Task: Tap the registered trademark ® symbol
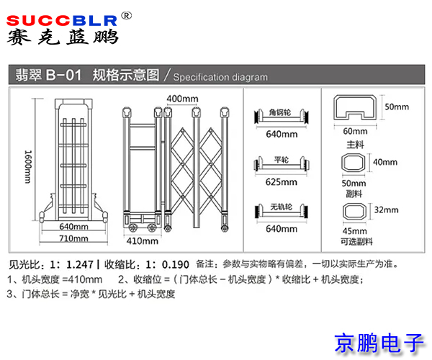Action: tap(126, 16)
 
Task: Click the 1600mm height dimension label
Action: tap(28, 167)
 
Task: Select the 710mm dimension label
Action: tap(73, 238)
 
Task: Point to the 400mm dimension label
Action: tap(182, 99)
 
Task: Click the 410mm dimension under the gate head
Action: tap(142, 240)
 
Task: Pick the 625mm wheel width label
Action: tap(282, 181)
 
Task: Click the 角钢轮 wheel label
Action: tap(279, 112)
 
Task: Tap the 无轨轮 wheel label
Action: tap(281, 207)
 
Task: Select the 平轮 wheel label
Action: tap(282, 159)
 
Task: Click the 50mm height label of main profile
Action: tap(397, 107)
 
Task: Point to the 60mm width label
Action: tap(355, 131)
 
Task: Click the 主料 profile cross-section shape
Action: tap(355, 107)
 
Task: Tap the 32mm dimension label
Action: tap(386, 210)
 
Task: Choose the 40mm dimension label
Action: tap(385, 162)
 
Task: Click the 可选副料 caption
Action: tap(357, 242)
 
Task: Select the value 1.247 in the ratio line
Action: tap(80, 265)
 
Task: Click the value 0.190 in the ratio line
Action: tap(176, 265)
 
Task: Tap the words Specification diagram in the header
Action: tap(220, 77)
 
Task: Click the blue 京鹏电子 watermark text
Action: tap(379, 343)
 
